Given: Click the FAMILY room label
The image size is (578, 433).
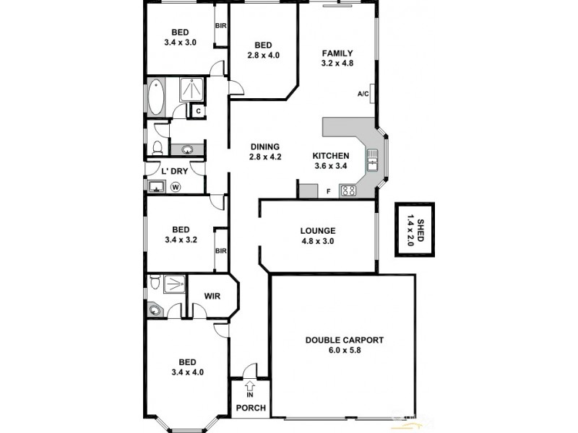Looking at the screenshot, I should (x=337, y=53).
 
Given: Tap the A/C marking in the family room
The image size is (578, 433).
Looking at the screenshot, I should (x=363, y=94).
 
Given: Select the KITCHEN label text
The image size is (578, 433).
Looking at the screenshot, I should (x=331, y=156).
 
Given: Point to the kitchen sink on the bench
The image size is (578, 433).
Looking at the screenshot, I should (x=373, y=159).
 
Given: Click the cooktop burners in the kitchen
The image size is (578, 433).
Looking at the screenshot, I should (x=349, y=191).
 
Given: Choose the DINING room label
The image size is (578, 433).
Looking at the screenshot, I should (x=264, y=146).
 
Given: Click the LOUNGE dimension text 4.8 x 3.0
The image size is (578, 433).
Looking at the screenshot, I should (x=318, y=242).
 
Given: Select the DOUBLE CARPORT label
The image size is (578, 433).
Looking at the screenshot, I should (x=344, y=340).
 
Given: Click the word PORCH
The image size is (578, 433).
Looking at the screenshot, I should (x=251, y=408).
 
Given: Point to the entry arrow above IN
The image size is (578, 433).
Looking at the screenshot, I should (x=250, y=385).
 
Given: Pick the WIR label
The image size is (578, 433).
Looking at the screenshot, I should (x=212, y=296).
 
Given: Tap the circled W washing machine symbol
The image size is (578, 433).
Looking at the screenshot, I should (x=176, y=186).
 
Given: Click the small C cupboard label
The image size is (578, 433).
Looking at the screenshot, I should (x=198, y=111).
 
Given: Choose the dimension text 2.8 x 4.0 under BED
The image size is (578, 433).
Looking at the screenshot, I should (x=262, y=55).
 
